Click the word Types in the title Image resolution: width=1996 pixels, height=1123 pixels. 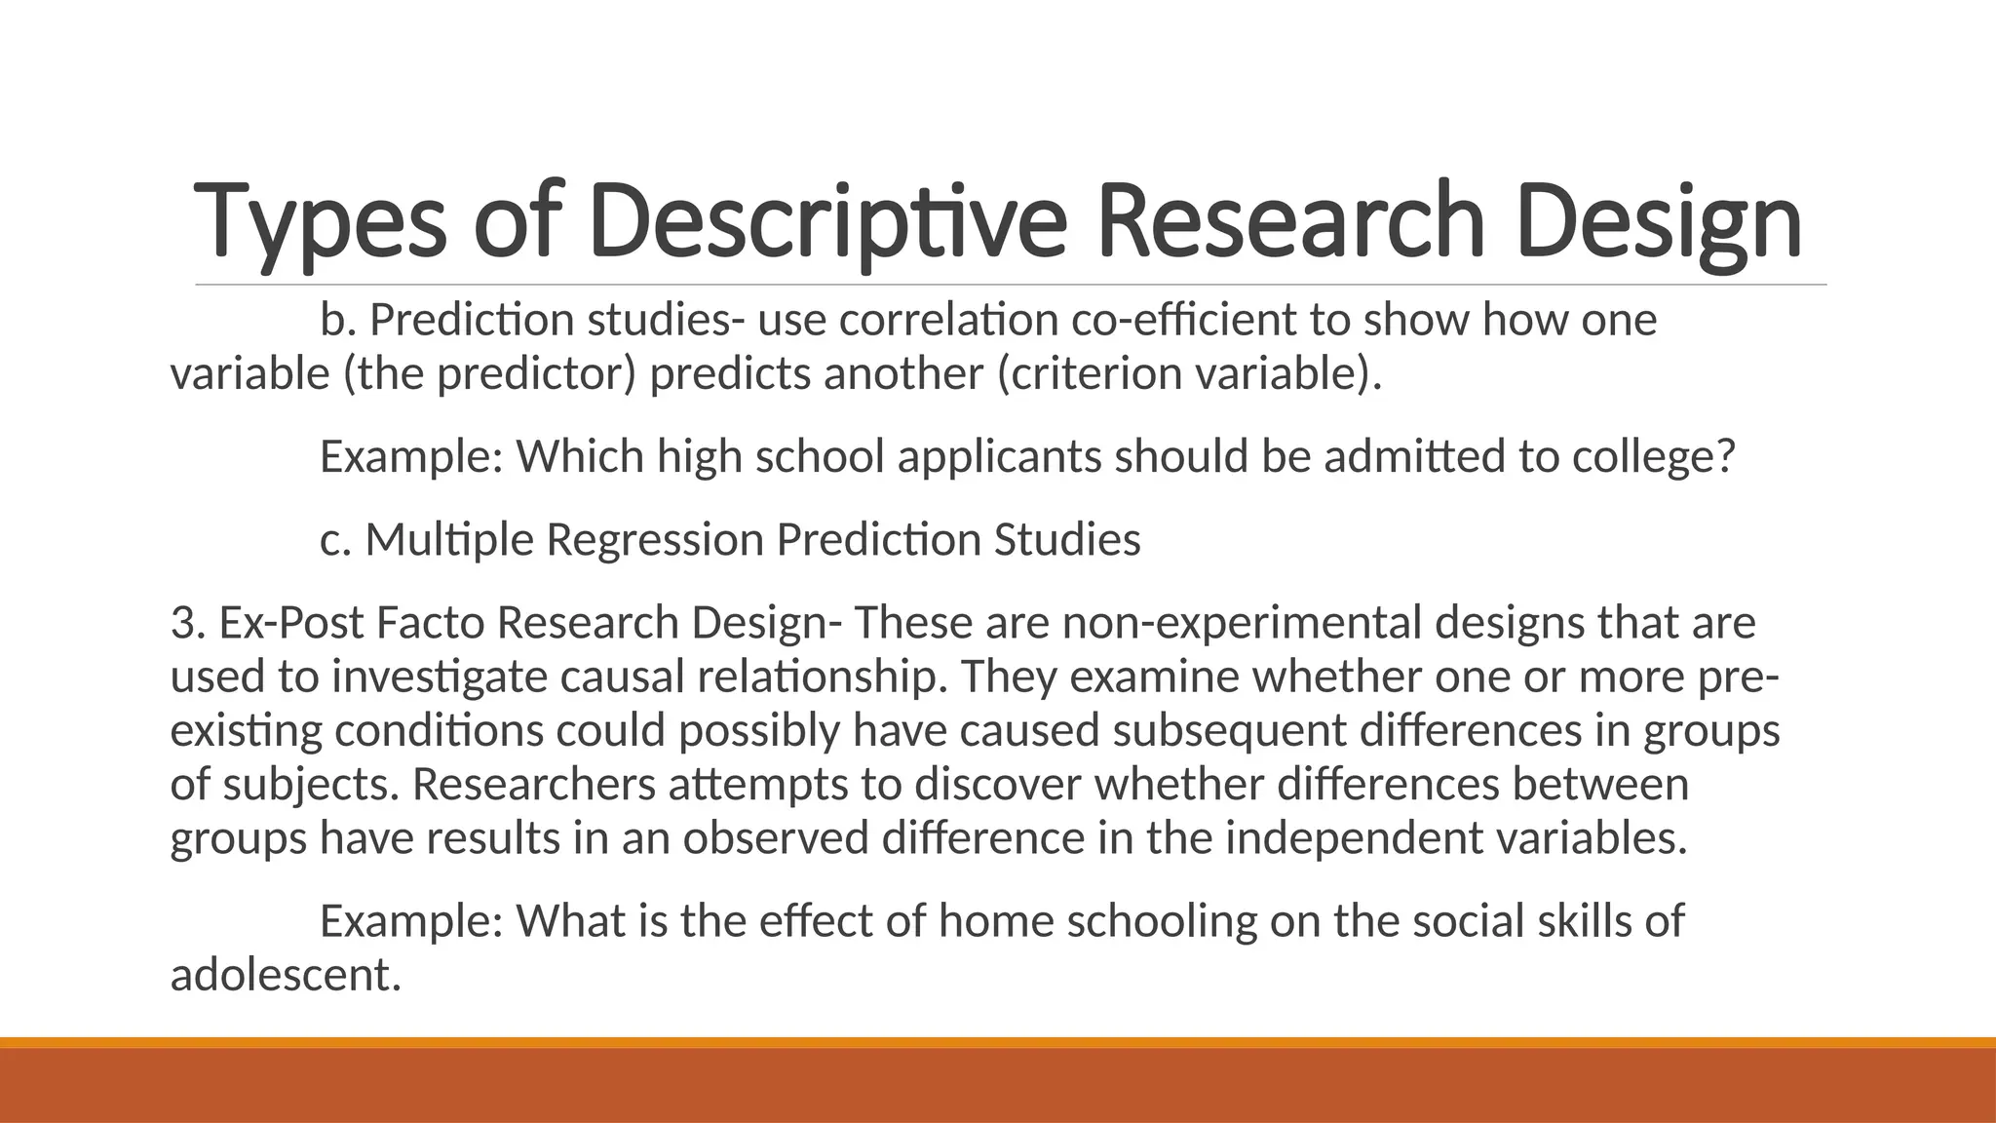point(321,222)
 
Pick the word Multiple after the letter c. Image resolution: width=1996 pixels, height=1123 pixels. point(449,540)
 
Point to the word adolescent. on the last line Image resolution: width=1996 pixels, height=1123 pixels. point(286,975)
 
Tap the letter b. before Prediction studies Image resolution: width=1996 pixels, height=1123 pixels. point(337,320)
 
